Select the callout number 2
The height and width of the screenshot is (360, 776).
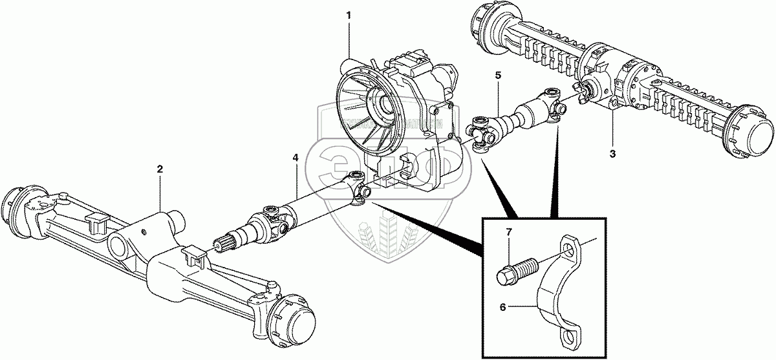coord(160,169)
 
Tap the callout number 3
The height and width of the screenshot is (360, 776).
coord(612,154)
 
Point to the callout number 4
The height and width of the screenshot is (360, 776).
coord(296,158)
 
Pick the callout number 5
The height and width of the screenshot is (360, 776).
coord(498,75)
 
